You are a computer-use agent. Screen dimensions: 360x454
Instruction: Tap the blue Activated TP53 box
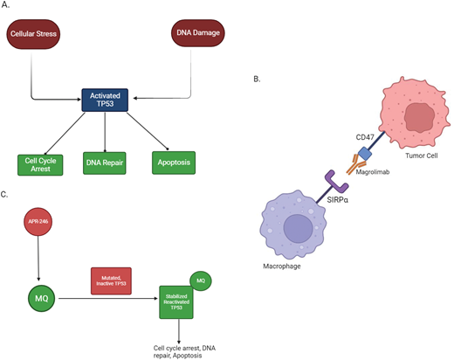click(105, 100)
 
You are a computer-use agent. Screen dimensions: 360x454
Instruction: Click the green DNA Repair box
click(106, 163)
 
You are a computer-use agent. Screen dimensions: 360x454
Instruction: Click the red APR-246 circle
click(38, 224)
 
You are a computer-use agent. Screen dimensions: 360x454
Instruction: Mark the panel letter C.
click(8, 194)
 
